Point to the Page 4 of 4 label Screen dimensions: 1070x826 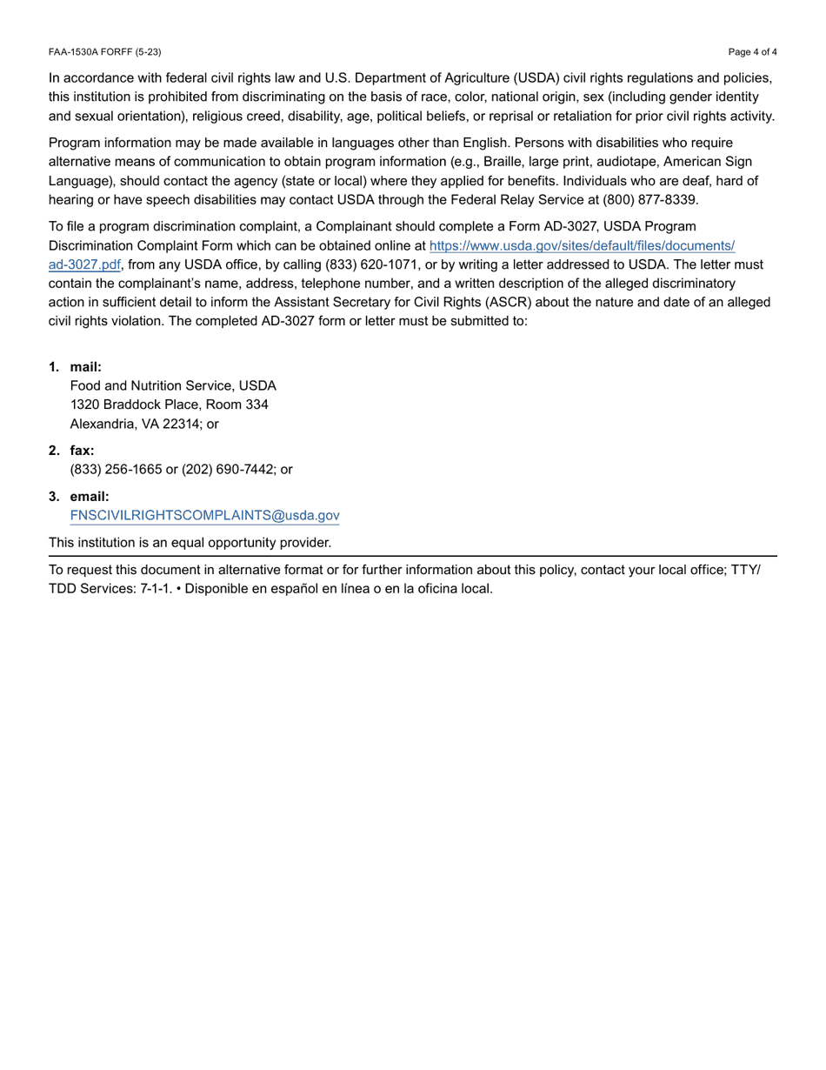point(753,52)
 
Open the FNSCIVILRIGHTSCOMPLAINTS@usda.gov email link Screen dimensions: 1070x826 point(204,515)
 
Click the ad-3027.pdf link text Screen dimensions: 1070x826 point(84,265)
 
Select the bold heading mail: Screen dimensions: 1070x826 point(86,367)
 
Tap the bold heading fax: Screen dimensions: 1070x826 point(82,451)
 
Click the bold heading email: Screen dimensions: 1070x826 point(90,497)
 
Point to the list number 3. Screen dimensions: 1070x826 point(54,497)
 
